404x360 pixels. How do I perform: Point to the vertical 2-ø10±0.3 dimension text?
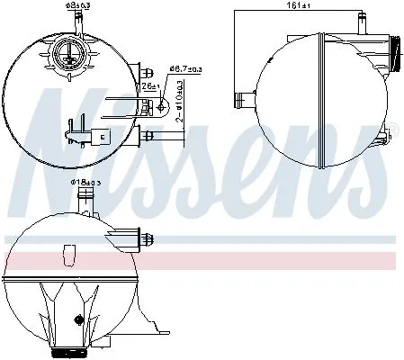coord(179,103)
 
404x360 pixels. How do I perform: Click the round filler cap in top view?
coord(67,55)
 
